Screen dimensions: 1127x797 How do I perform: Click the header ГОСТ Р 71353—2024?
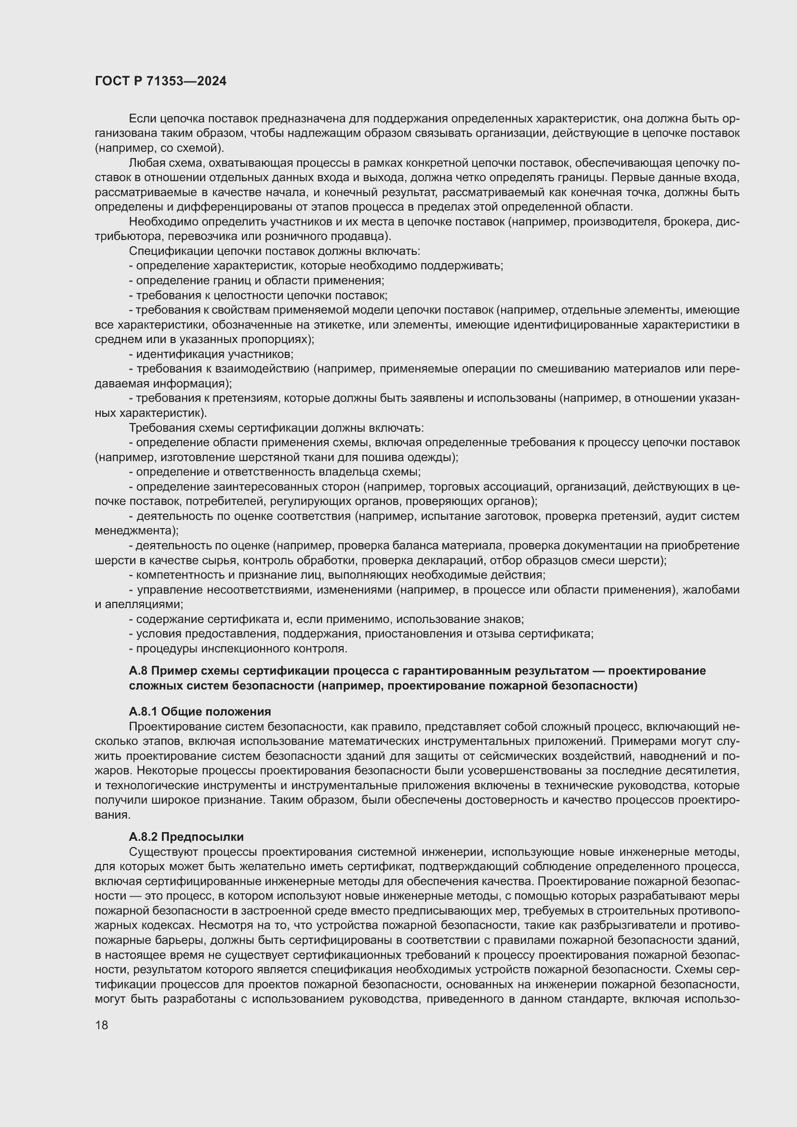[x=160, y=81]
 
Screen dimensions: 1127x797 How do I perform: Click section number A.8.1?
[x=143, y=711]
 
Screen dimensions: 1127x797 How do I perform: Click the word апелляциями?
[x=143, y=604]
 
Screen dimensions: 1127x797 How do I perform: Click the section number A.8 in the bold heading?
[x=137, y=671]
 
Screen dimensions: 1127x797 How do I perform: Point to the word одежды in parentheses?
[x=437, y=457]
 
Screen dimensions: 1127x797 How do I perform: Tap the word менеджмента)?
[x=136, y=530]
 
